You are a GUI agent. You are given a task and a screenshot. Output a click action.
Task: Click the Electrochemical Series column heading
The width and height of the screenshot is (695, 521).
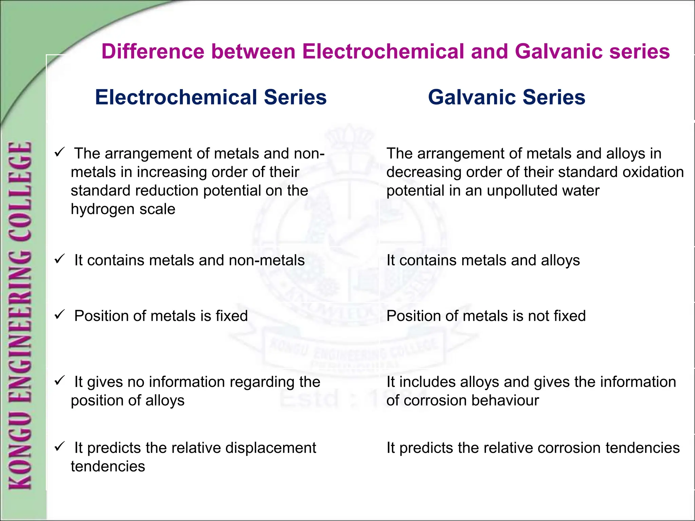[x=211, y=97]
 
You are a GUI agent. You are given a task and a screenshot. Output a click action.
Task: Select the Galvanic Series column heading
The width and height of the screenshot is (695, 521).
[x=506, y=97]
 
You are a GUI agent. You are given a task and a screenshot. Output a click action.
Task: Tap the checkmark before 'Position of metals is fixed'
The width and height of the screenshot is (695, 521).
[x=59, y=315]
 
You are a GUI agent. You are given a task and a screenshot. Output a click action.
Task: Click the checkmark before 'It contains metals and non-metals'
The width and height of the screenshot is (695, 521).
[x=59, y=259]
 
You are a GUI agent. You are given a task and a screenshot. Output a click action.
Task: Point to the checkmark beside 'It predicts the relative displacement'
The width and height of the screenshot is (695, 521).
[x=59, y=446]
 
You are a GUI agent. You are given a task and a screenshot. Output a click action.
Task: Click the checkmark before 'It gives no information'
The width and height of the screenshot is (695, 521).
[x=59, y=381]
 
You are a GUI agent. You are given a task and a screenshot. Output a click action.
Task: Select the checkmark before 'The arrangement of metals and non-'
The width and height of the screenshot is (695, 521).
[x=59, y=152]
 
